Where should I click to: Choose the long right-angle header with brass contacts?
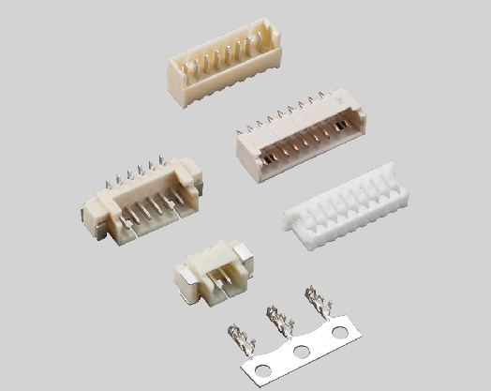(300, 136)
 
